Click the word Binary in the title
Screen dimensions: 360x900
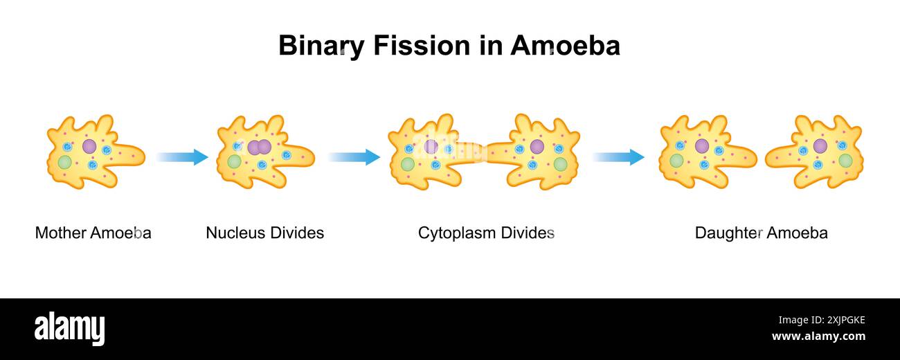click(x=321, y=46)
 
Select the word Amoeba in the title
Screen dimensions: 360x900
click(x=565, y=46)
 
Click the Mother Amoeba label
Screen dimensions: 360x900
click(x=93, y=233)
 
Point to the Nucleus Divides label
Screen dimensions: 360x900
click(x=264, y=233)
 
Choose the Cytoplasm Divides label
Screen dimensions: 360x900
click(x=486, y=233)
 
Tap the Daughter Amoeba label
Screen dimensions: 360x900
click(x=761, y=233)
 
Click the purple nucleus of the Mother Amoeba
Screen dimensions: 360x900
click(x=89, y=146)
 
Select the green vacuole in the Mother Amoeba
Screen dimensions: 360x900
click(x=64, y=162)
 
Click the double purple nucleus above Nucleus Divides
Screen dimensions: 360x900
click(x=259, y=147)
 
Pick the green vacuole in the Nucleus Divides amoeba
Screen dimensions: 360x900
click(x=235, y=161)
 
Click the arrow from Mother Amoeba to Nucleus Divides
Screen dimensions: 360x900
click(x=181, y=157)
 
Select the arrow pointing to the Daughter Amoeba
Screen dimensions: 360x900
click(x=618, y=157)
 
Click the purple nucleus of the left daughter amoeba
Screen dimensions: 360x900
click(x=701, y=146)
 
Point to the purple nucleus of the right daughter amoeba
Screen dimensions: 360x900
click(x=820, y=146)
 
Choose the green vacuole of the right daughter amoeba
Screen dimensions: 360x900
click(x=845, y=161)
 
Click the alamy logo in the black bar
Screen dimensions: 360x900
click(x=69, y=328)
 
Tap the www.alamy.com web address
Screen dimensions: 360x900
click(x=818, y=336)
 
